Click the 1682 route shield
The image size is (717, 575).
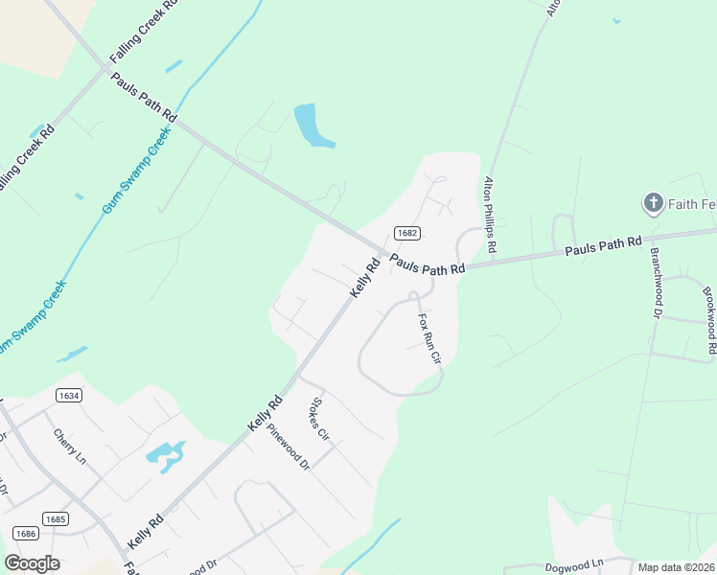406,233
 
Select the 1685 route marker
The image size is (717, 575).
56,519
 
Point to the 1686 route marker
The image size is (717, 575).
26,532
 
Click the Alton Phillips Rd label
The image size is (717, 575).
490,215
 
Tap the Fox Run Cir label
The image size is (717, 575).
428,339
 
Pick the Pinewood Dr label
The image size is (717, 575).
289,448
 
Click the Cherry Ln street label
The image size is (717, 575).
70,447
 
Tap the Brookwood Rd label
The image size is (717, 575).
709,321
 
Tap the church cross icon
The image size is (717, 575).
653,202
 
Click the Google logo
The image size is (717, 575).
32,563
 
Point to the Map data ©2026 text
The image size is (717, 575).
676,567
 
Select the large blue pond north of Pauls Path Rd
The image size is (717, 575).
310,126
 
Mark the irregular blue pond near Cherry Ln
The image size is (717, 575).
165,453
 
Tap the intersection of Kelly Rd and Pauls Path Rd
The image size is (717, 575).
382,254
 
